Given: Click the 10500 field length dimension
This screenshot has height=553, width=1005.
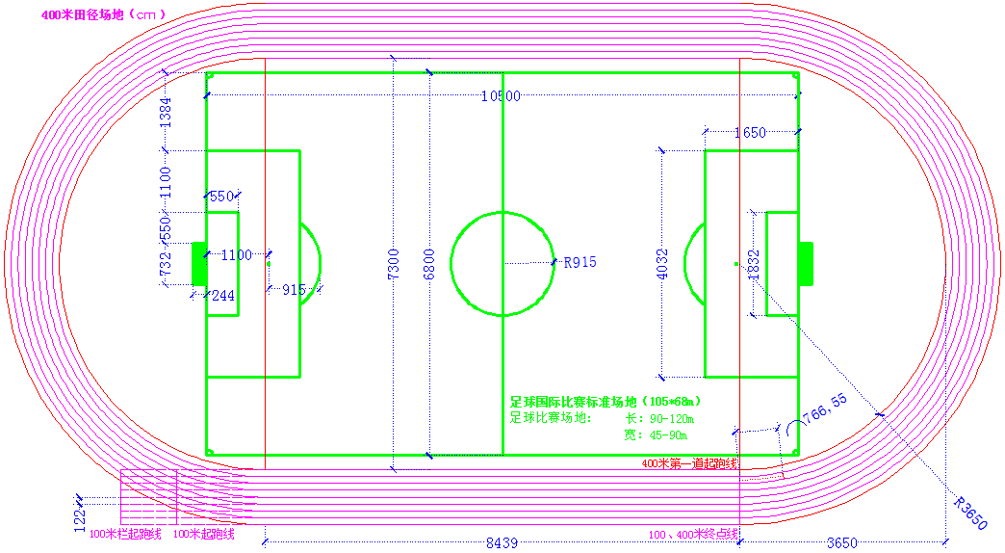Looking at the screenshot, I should (x=501, y=96).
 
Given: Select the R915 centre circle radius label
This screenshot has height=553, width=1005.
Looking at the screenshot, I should (x=580, y=262).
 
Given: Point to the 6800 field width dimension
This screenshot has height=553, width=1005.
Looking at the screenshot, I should (x=429, y=263).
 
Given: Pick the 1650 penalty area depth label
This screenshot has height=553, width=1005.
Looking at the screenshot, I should (x=750, y=133).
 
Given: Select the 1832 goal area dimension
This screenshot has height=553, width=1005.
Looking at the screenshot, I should (x=753, y=263).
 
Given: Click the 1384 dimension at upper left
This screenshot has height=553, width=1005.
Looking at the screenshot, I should (x=166, y=113).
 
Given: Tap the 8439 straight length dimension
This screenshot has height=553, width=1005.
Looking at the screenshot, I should (x=501, y=543).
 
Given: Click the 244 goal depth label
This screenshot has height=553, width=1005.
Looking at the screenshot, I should (x=222, y=296).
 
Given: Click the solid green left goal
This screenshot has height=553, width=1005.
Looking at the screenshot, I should (x=199, y=263).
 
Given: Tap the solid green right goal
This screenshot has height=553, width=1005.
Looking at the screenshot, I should (x=805, y=263).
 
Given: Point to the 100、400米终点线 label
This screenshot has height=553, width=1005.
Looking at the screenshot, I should (x=692, y=534).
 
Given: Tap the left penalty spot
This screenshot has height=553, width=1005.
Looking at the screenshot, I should (x=270, y=263).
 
